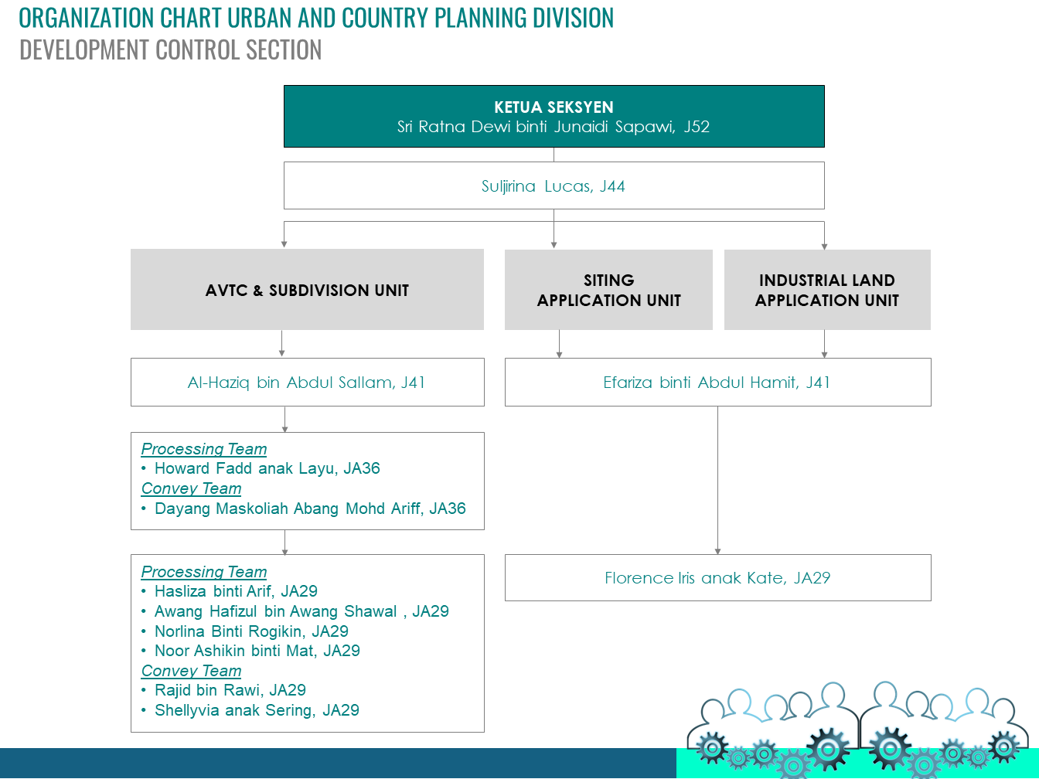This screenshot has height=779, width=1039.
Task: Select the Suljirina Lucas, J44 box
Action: [554, 186]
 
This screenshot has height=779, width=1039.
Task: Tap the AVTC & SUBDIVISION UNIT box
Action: [307, 291]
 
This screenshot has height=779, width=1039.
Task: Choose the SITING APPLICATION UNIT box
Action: [608, 291]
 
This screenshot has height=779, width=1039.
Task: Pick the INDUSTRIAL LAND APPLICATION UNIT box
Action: [827, 291]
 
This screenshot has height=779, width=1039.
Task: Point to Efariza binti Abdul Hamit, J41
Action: [717, 383]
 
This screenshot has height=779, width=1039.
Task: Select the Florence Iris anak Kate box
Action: [717, 578]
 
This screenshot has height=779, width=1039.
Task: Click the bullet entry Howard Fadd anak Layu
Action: [267, 468]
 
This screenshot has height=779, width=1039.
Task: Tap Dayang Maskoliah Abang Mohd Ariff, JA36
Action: [310, 509]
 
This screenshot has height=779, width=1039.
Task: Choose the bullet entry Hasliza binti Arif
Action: [236, 591]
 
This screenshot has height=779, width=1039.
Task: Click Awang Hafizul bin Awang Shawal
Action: [301, 611]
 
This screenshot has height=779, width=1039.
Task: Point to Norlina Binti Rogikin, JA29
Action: [251, 631]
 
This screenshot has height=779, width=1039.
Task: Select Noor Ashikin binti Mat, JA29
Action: [257, 651]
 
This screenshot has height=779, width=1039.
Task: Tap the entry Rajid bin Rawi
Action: [230, 690]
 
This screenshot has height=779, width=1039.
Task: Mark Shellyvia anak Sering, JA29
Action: [257, 710]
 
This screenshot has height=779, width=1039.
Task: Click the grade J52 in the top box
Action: [697, 127]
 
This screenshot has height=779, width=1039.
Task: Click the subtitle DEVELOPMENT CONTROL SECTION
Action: [170, 50]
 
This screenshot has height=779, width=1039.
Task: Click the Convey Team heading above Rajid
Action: [191, 671]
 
